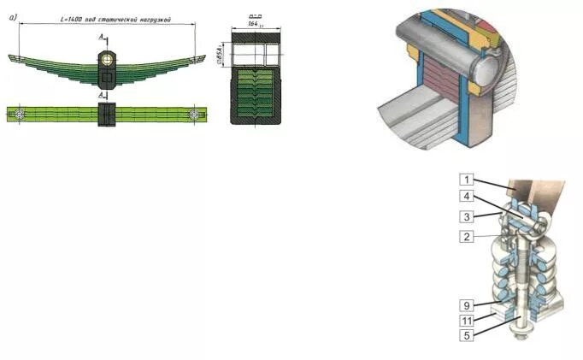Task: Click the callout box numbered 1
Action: click(x=466, y=180)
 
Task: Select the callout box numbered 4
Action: click(x=466, y=197)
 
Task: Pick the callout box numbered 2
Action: click(x=466, y=236)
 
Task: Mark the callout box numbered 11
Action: click(x=466, y=319)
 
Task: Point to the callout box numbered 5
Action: click(x=466, y=335)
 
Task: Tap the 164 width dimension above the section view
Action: click(x=255, y=24)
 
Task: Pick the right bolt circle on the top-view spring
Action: click(x=196, y=114)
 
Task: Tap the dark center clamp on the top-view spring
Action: click(x=106, y=115)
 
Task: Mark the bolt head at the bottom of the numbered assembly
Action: click(x=519, y=335)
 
